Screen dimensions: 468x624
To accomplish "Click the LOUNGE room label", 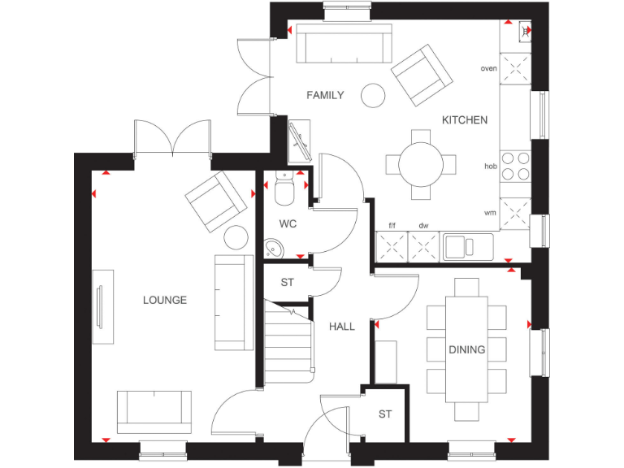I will [x=165, y=300].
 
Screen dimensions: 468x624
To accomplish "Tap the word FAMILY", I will [x=325, y=95].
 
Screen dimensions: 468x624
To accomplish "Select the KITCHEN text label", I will [x=465, y=120].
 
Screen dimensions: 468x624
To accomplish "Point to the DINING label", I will [x=467, y=350].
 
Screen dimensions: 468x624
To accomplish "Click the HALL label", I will [x=342, y=327].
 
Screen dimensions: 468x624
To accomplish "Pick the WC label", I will [x=288, y=223].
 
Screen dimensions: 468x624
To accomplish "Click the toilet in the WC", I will [x=285, y=190].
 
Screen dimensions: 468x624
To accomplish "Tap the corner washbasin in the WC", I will [x=274, y=247].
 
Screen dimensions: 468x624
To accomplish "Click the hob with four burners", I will [x=514, y=166].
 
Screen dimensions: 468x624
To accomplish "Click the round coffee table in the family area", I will [x=374, y=95].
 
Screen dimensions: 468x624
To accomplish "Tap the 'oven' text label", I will [x=488, y=68].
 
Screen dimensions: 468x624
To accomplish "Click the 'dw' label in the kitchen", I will [x=423, y=225].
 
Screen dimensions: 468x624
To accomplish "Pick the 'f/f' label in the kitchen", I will [x=392, y=225].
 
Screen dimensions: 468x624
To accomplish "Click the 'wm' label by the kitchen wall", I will [x=490, y=213].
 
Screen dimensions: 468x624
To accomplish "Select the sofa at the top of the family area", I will [x=344, y=44].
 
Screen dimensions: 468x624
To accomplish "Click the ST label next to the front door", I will [x=385, y=414].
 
